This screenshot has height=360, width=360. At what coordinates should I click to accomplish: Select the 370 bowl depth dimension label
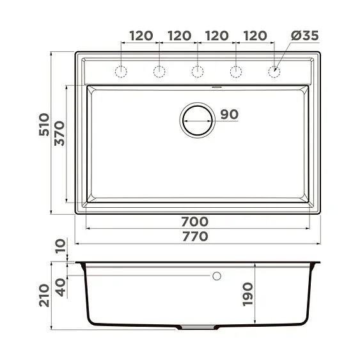point(59,134)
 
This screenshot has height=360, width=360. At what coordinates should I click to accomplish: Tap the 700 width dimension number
point(195,222)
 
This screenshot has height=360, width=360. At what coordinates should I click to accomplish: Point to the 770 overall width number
point(195,236)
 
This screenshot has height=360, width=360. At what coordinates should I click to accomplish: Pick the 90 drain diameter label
point(229,115)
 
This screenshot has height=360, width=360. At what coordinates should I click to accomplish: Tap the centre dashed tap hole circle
point(198,72)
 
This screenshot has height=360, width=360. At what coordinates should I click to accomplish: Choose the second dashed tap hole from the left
point(159,72)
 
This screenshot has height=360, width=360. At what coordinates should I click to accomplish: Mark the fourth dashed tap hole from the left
point(236,72)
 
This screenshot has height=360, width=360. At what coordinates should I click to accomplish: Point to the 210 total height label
point(44,295)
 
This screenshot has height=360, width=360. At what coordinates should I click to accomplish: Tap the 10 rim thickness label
point(59,246)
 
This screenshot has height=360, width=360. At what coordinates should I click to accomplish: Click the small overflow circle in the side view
point(216,276)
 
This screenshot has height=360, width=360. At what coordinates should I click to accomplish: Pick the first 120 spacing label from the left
point(141,36)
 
